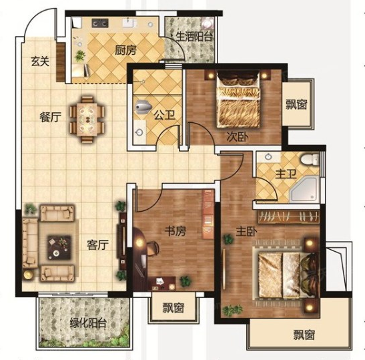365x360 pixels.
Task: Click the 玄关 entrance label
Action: tap(40, 61)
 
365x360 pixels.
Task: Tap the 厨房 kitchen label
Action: tap(125, 50)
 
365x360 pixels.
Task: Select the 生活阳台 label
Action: tap(194, 37)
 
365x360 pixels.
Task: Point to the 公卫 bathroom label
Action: tap(165, 115)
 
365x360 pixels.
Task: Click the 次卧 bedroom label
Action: tap(238, 137)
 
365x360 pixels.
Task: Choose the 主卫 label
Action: tap(286, 174)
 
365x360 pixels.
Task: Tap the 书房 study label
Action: tap(175, 231)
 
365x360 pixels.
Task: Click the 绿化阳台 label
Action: tap(88, 323)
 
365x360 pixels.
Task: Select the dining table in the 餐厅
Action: tap(87, 119)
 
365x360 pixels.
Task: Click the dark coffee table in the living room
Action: tap(59, 247)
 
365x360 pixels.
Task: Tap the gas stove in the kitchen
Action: tap(100, 23)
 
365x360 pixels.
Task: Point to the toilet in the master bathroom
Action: tap(310, 160)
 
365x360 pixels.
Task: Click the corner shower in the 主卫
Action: tap(304, 189)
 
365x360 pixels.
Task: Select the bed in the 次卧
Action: tap(238, 100)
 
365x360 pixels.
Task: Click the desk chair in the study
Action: tap(152, 248)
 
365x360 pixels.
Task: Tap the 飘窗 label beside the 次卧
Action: tap(296, 104)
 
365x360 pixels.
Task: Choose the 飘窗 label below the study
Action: tap(173, 308)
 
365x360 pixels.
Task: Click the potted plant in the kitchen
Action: tap(80, 56)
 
